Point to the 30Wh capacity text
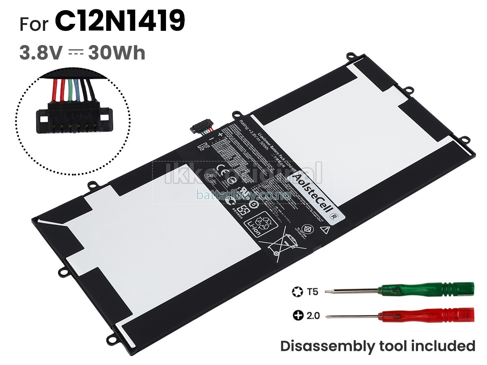117,53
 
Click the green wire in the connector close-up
71,90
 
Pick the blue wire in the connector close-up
78,90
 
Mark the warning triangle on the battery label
324,230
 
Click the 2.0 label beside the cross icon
312,316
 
